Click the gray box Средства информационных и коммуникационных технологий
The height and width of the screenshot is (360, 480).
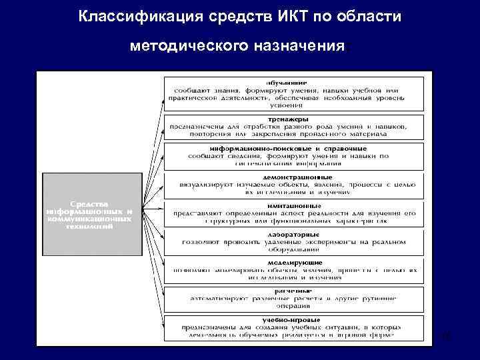[89, 214]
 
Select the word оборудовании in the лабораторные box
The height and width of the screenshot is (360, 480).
[292, 249]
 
